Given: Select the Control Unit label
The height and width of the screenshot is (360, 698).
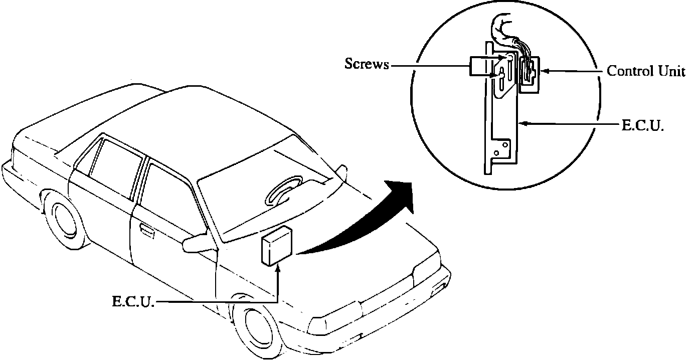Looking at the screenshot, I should (x=645, y=71).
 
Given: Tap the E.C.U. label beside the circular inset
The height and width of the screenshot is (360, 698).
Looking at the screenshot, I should (x=643, y=125).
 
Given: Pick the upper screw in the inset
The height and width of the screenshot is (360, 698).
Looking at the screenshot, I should (x=510, y=58).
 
